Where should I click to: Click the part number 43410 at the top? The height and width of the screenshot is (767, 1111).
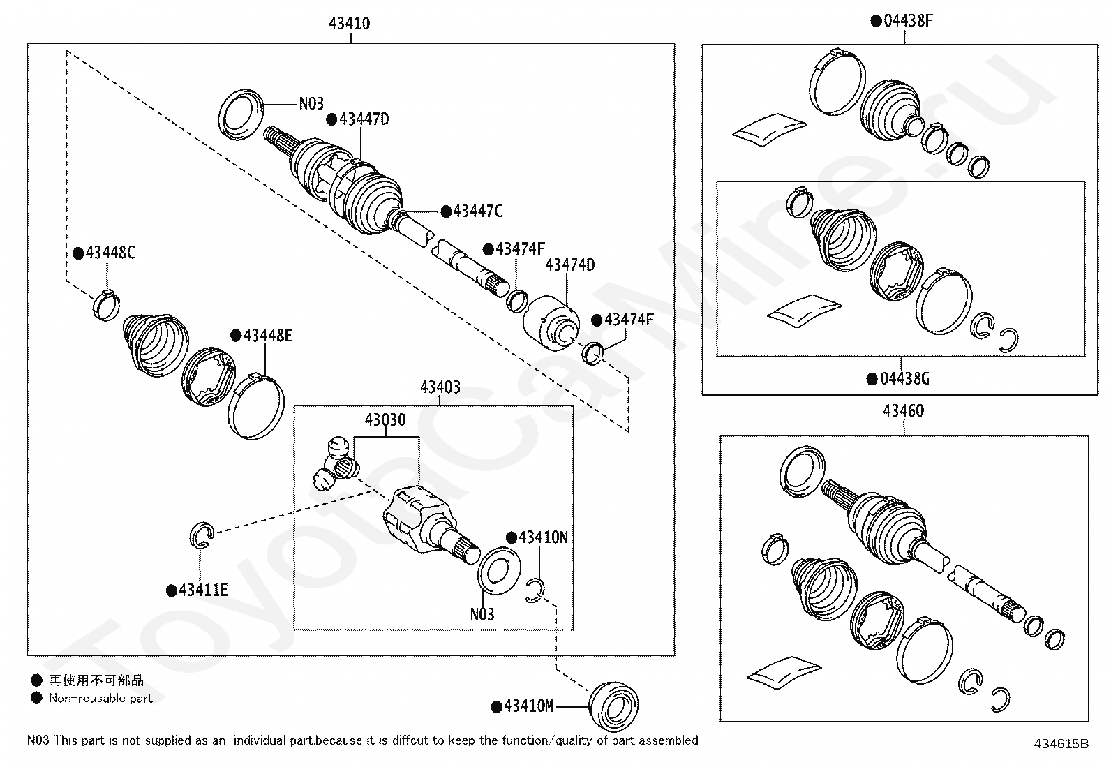pyautogui.click(x=350, y=23)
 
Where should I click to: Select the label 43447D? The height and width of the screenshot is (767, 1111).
pyautogui.click(x=364, y=119)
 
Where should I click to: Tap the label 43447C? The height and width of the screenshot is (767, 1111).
pyautogui.click(x=477, y=211)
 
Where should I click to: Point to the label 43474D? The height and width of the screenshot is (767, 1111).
pyautogui.click(x=569, y=265)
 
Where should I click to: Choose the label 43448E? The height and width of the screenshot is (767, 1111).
pyautogui.click(x=267, y=336)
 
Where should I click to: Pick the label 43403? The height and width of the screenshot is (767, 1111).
pyautogui.click(x=440, y=387)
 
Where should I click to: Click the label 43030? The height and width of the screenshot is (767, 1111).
pyautogui.click(x=385, y=419)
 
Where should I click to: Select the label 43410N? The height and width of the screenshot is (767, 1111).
pyautogui.click(x=543, y=537)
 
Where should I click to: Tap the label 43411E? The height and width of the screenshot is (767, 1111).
pyautogui.click(x=203, y=590)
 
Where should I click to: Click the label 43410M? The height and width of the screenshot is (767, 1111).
pyautogui.click(x=528, y=706)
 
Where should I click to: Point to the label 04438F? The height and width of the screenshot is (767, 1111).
pyautogui.click(x=908, y=20)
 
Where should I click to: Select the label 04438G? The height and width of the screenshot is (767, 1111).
pyautogui.click(x=904, y=379)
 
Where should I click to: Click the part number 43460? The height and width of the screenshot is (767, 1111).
pyautogui.click(x=904, y=411)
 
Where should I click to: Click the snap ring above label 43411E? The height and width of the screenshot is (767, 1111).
pyautogui.click(x=201, y=535)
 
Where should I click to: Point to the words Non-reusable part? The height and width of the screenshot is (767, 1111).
pyautogui.click(x=100, y=698)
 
